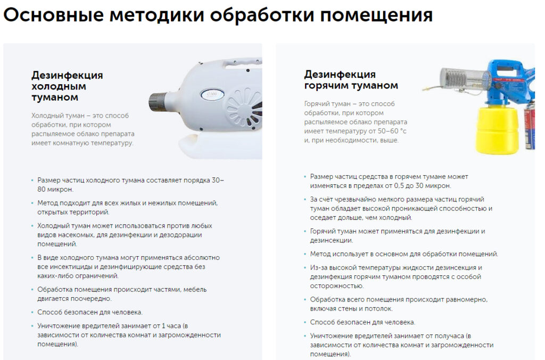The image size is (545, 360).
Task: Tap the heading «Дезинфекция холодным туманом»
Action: point(67,86)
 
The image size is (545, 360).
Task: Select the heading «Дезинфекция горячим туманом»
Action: point(351,80)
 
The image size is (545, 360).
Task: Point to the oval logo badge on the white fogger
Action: point(212,95)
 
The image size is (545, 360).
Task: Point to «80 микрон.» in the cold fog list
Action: point(55,190)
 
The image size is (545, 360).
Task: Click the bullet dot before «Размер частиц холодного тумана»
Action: point(32,181)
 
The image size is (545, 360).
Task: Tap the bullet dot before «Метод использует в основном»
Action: point(305,254)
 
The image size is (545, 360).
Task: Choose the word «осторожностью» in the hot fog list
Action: point(337,286)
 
